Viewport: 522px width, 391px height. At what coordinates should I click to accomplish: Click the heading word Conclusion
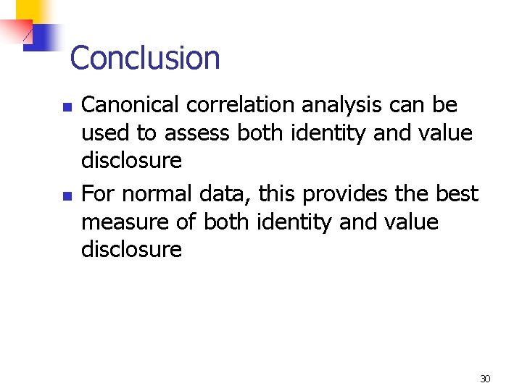click(145, 58)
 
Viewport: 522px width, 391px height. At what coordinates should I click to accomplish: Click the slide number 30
click(485, 379)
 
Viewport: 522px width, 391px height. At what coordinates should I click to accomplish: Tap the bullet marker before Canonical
click(66, 106)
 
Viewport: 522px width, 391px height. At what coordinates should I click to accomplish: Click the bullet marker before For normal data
click(66, 195)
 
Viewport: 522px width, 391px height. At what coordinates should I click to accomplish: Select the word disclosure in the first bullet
click(131, 161)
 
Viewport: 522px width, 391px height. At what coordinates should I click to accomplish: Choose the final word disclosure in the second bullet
click(131, 250)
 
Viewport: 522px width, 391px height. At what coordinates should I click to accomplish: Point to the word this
click(277, 194)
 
